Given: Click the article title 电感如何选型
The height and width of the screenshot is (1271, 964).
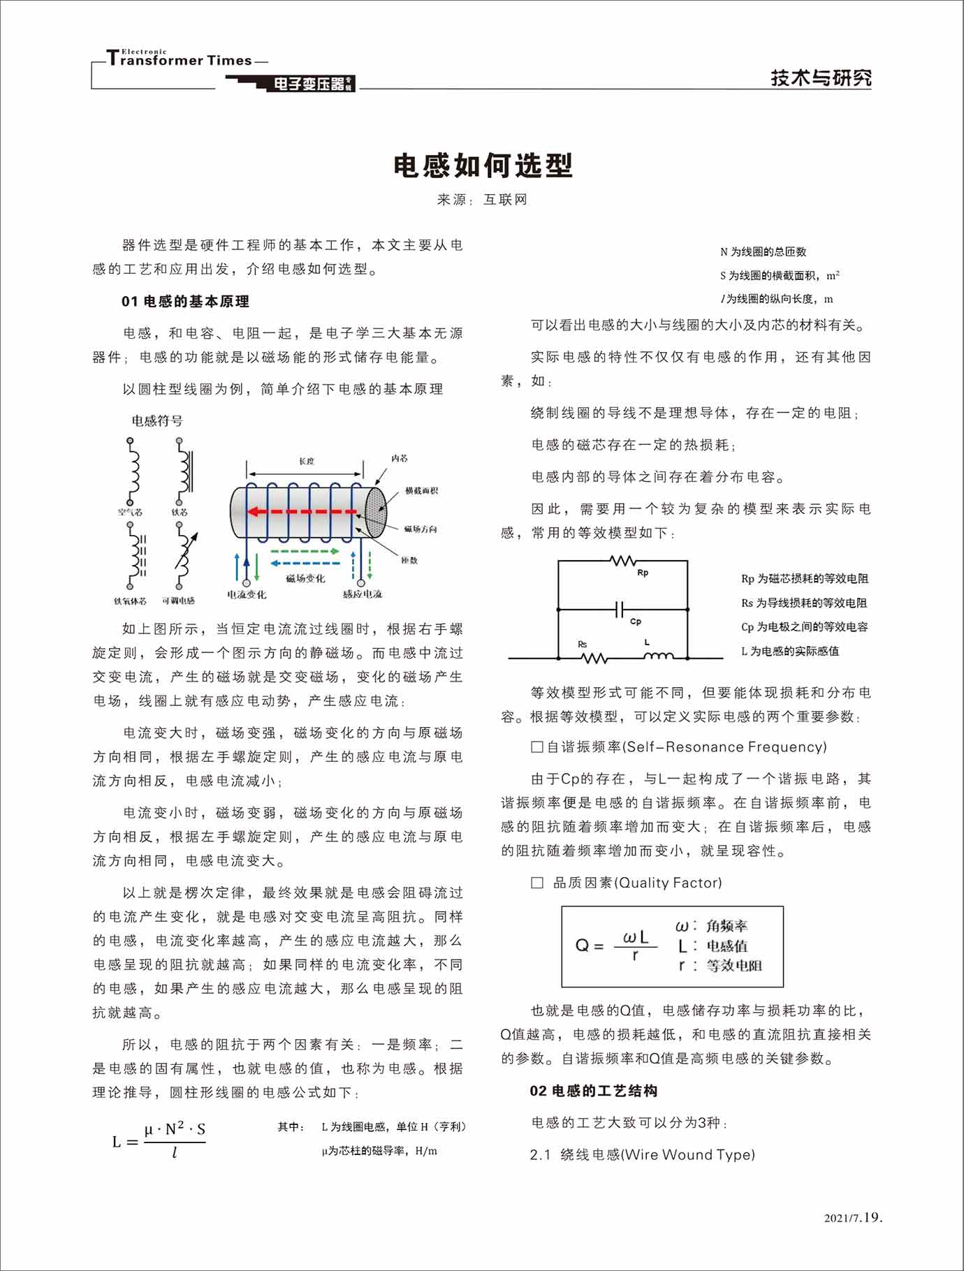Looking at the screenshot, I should point(483,166).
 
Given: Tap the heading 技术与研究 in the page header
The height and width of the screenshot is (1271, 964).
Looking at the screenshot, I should point(821,78).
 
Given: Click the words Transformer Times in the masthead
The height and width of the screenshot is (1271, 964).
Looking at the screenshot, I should point(180,60).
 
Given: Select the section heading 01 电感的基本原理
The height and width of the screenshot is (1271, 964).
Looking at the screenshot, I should point(185,302).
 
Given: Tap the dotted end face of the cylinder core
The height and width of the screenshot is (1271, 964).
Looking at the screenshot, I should point(374,512).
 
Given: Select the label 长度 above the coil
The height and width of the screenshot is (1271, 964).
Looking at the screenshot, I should point(307,461).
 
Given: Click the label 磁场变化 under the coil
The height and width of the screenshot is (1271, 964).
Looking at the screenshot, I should point(305,578).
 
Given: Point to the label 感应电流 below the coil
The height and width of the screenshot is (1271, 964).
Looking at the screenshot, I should point(363,594).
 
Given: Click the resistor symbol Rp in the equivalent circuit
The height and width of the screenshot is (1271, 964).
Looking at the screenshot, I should point(622,561).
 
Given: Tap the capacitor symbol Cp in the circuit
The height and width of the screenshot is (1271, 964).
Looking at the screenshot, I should point(620,610).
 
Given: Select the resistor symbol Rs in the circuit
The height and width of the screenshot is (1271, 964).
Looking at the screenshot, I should point(593,658).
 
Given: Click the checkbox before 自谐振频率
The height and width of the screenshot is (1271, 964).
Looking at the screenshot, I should point(537,747).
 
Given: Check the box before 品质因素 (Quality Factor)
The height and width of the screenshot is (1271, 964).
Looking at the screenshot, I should point(537,883).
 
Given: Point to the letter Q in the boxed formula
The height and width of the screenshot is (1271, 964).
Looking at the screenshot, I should point(583,946).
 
